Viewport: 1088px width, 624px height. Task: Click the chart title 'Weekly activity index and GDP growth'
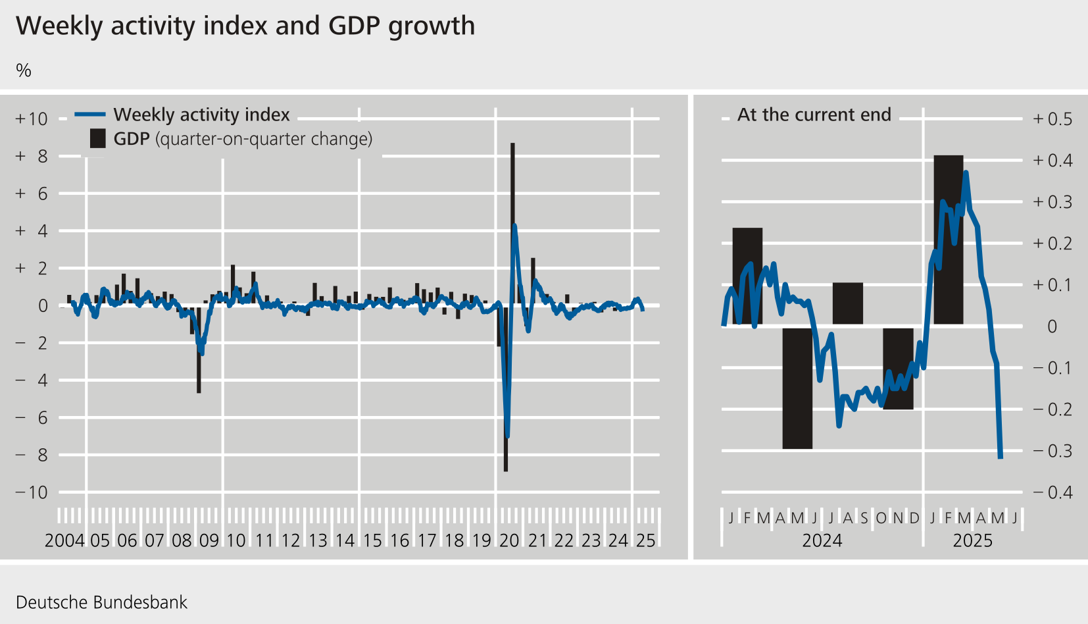[x=245, y=26]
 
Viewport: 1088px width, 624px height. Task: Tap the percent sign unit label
[x=24, y=70]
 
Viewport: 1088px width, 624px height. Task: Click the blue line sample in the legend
[x=90, y=115]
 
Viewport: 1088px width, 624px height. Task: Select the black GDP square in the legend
[x=97, y=139]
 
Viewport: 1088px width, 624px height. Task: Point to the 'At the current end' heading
[x=814, y=115]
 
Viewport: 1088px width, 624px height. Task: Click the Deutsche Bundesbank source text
[x=101, y=602]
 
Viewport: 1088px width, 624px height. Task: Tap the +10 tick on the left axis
[x=32, y=119]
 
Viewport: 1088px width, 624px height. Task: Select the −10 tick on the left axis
[x=32, y=492]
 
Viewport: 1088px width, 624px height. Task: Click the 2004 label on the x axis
[x=64, y=541]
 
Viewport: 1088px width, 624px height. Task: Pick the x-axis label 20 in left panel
[x=509, y=541]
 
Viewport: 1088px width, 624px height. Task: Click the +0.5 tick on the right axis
[x=1052, y=119]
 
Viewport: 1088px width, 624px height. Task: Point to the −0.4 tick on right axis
[x=1052, y=492]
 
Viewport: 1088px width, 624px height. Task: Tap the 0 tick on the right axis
[x=1052, y=326]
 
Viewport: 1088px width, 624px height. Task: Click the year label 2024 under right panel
[x=822, y=541]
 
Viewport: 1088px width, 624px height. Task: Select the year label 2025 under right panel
[x=972, y=541]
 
